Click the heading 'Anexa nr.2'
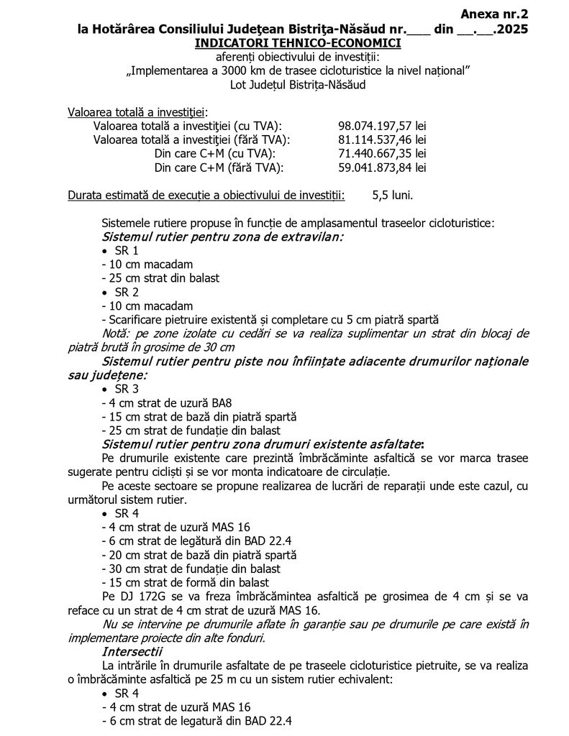click(x=494, y=14)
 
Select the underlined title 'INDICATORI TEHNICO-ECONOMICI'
click(x=297, y=43)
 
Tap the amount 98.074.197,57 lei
click(x=382, y=126)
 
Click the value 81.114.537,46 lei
click(x=382, y=139)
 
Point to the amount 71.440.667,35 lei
click(x=382, y=154)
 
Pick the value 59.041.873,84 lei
click(x=382, y=167)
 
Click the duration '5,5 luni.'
click(x=393, y=195)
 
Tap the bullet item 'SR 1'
click(x=127, y=251)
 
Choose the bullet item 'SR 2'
click(x=127, y=293)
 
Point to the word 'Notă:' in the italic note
click(x=118, y=333)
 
